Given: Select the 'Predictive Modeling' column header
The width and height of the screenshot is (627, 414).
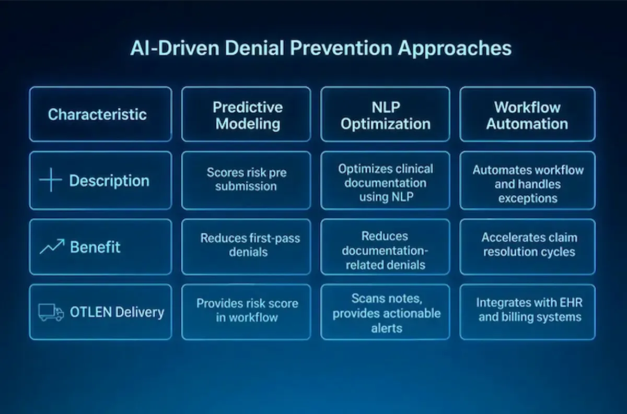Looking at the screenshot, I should [x=247, y=115].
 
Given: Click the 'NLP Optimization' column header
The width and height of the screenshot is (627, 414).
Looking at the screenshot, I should [x=386, y=115].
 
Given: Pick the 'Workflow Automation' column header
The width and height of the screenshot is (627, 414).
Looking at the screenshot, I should [x=527, y=115].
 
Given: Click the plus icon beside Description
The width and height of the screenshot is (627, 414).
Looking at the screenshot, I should [x=51, y=181].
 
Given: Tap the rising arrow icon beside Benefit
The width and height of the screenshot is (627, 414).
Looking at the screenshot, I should [x=52, y=246].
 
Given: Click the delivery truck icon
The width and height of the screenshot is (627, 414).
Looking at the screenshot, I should [x=51, y=313].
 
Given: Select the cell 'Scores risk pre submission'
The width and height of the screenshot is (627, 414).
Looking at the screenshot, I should [x=247, y=179].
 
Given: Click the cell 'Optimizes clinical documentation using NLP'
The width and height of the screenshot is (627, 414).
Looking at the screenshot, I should [x=386, y=182].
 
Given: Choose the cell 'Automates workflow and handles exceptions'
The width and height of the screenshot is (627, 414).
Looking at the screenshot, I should [x=527, y=184].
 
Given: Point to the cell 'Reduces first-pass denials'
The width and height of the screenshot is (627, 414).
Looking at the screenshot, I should [x=250, y=245].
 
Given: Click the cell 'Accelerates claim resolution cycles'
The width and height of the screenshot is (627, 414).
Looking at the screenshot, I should [x=529, y=244].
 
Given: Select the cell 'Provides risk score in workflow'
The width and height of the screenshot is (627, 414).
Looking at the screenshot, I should [x=247, y=310].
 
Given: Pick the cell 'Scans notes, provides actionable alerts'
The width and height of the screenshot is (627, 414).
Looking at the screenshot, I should [x=387, y=313].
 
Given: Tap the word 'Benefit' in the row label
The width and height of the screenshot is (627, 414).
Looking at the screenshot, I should [x=95, y=247].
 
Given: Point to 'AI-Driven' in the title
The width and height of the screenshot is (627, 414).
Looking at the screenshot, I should [x=164, y=48].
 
